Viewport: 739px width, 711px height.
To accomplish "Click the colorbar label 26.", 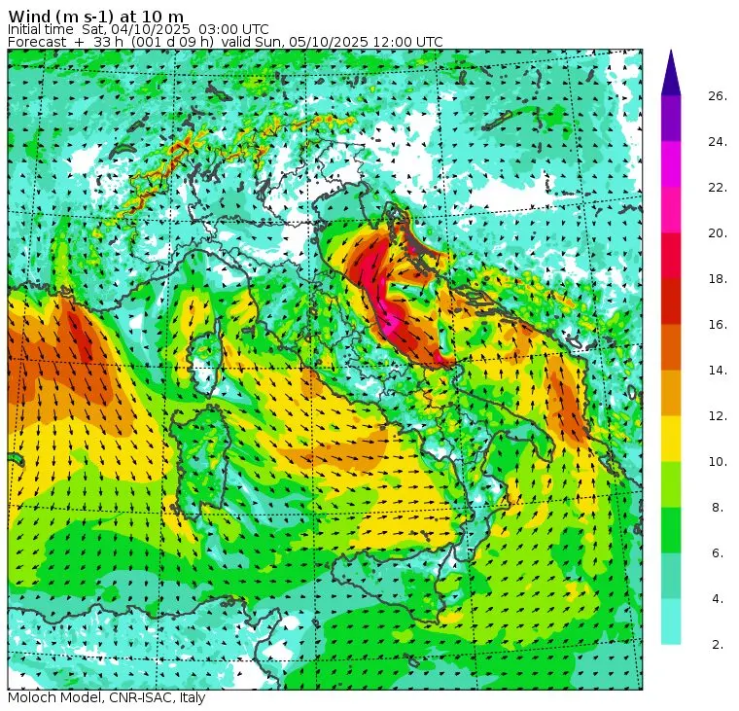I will click(718, 96).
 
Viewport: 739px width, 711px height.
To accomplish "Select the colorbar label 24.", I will click(718, 142).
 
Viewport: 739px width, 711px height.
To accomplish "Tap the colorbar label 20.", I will click(718, 233).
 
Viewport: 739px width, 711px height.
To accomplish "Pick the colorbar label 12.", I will click(718, 416).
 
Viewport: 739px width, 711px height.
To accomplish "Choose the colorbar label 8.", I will click(718, 508).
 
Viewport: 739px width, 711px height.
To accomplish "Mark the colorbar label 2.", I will click(718, 644).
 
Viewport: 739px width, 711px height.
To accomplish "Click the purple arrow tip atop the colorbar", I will click(670, 73).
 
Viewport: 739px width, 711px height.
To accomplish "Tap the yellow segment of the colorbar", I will click(670, 439).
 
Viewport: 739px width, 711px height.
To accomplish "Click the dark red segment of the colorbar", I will click(670, 302).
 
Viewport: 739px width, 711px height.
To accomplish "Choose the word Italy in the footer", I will click(190, 698).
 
